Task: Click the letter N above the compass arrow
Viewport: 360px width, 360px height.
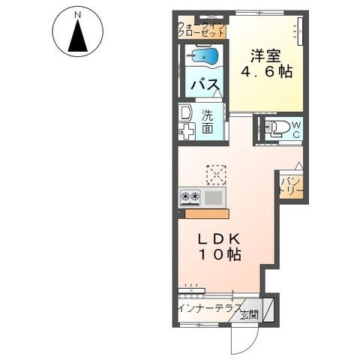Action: coord(78,15)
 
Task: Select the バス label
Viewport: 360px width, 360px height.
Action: coord(205,85)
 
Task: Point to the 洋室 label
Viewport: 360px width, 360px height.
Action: coord(265,56)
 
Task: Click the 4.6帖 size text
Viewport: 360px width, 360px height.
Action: coord(266,72)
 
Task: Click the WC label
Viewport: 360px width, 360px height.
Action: coord(296,129)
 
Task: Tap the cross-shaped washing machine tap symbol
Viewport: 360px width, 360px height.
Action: coord(186,131)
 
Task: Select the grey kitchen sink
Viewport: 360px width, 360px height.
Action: coord(214,197)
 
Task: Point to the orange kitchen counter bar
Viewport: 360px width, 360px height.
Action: coord(207,214)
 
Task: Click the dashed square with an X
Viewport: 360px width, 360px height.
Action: coord(217,175)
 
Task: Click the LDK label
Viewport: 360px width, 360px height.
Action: coord(219,240)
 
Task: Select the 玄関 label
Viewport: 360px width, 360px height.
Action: coord(249,316)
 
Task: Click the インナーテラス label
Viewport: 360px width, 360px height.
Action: coord(209,307)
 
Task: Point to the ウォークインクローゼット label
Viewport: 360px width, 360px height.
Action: coord(202,29)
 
